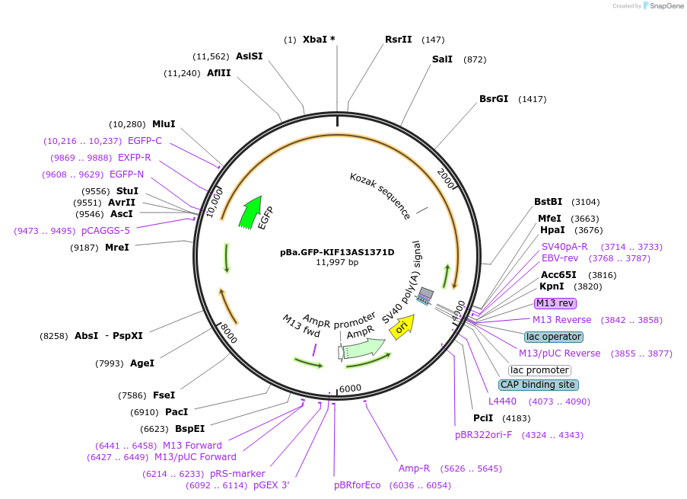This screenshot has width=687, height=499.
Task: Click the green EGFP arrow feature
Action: [249, 213]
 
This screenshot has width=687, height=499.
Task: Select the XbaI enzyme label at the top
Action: [319, 39]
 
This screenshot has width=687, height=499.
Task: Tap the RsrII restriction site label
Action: [398, 39]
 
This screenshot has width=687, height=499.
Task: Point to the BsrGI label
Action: [494, 99]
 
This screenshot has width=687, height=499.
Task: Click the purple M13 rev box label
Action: [555, 303]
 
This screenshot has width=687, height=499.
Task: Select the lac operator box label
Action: [553, 337]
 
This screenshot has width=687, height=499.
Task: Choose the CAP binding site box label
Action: [538, 385]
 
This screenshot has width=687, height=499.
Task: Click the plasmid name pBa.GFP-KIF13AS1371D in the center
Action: [337, 252]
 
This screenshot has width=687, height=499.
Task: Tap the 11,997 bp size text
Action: [337, 263]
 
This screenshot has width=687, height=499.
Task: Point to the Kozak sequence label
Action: [380, 195]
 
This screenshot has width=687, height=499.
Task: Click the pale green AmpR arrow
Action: [363, 349]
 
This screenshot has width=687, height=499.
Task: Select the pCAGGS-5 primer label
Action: [106, 230]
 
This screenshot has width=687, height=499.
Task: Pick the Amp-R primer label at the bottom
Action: [414, 468]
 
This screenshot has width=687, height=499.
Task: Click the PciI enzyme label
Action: [483, 418]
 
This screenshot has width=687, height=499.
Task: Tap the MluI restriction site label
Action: [164, 124]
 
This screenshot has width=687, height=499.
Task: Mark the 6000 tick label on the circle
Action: [350, 389]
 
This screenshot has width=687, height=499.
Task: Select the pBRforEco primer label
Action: [357, 485]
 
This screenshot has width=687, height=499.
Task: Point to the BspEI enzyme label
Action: [189, 428]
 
